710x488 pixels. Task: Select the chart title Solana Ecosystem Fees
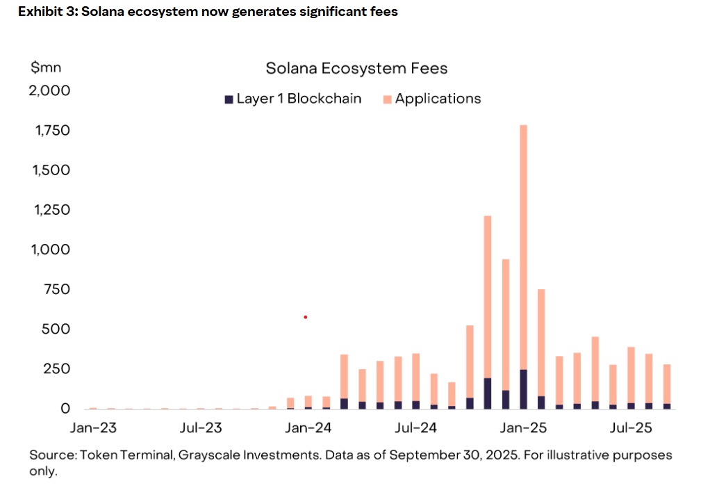pos(356,68)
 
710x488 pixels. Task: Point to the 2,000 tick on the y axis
pos(49,90)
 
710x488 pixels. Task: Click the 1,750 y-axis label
pos(50,130)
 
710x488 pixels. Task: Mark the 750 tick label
pos(56,289)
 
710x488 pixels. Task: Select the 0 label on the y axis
pos(66,408)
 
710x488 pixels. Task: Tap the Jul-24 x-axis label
pos(415,428)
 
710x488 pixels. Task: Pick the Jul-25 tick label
pos(630,428)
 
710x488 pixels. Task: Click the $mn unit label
pos(46,67)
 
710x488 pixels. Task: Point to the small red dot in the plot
pos(305,317)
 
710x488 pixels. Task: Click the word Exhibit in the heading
pos(32,12)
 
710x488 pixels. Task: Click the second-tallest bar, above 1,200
pos(488,292)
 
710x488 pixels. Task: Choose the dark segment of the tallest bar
pos(523,389)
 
